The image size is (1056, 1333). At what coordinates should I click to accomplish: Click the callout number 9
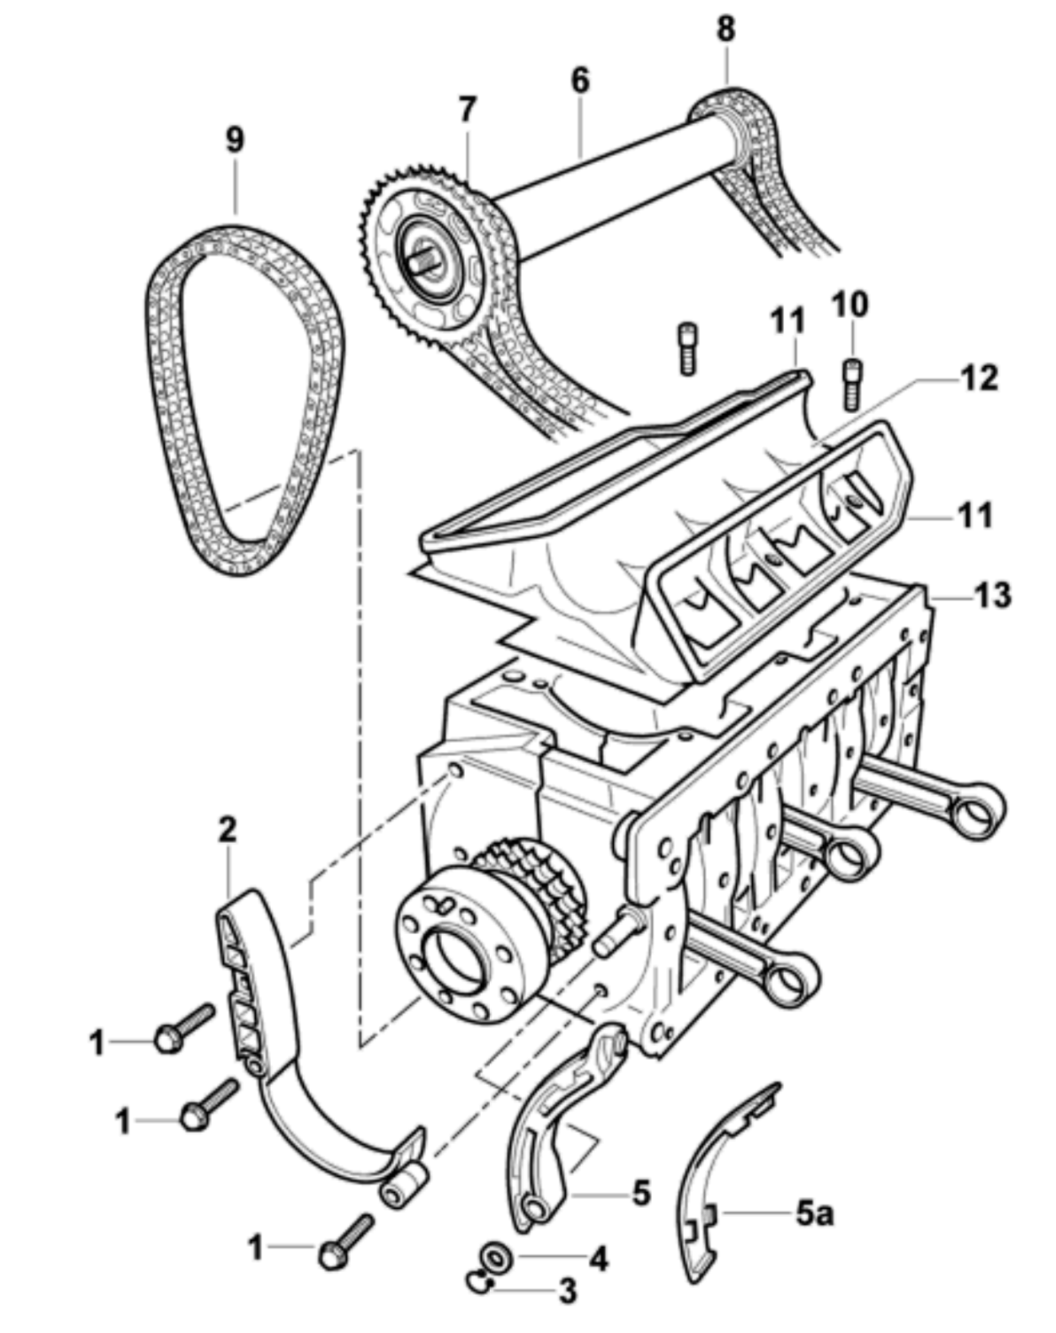tap(235, 140)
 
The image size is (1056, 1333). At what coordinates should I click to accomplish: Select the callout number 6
tap(580, 80)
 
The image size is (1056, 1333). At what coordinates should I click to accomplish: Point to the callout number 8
tap(726, 28)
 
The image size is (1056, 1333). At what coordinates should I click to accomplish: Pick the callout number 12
tap(978, 378)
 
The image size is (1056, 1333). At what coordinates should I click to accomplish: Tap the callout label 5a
tap(814, 1213)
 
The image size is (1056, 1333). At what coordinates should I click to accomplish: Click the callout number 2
tap(228, 830)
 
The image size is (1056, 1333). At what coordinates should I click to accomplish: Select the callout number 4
tap(599, 1258)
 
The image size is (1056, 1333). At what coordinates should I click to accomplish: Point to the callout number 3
tap(567, 1290)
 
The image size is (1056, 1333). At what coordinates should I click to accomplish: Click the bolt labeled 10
tap(851, 383)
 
